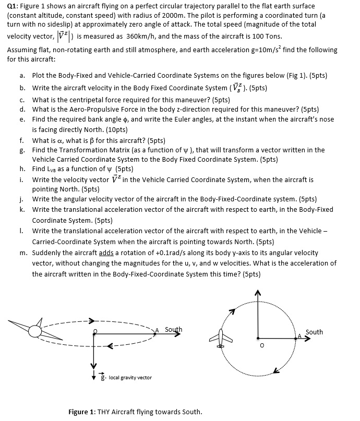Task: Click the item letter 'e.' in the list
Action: pos(23,119)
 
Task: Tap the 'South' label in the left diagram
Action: pos(173,329)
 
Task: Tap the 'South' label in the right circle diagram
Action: pos(315,332)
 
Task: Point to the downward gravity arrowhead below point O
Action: pos(95,372)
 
